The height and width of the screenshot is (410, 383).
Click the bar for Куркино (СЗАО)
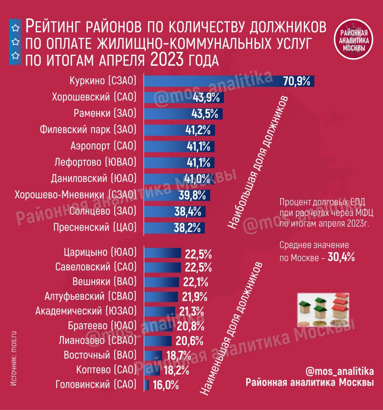[x=212, y=81]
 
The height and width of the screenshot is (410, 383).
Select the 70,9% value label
[x=296, y=81]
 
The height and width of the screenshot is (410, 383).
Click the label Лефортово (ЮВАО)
[x=95, y=162]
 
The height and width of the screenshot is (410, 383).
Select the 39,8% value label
[x=192, y=195]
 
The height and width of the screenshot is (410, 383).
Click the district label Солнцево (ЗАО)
[x=103, y=211]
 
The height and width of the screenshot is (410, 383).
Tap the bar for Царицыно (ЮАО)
[x=163, y=253]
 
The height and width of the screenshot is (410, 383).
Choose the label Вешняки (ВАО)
[x=105, y=282]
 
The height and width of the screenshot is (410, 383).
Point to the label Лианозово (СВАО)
[x=97, y=341]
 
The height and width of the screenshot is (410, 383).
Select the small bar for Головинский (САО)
[x=147, y=385]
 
